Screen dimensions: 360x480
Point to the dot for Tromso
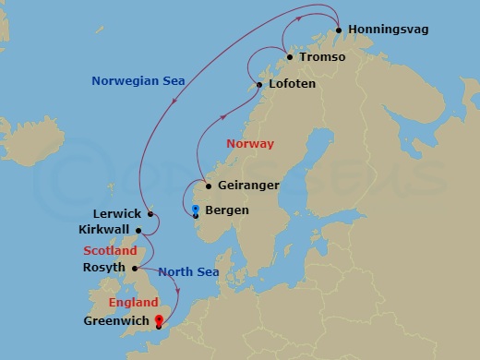tap(291, 57)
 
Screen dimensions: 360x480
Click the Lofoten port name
tap(293, 84)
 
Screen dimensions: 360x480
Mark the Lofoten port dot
tap(260, 85)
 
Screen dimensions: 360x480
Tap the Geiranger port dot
tap(210, 186)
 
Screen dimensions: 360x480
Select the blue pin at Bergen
tap(196, 209)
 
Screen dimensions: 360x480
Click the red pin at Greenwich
tap(159, 321)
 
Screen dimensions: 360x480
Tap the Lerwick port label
tap(117, 213)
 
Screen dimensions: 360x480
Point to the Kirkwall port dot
tap(138, 231)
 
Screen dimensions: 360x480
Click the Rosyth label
tap(102, 269)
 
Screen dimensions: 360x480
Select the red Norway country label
tap(249, 144)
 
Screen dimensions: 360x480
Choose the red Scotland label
tap(110, 250)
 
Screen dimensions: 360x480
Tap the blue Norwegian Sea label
tap(138, 81)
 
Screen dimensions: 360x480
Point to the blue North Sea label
tap(187, 271)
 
